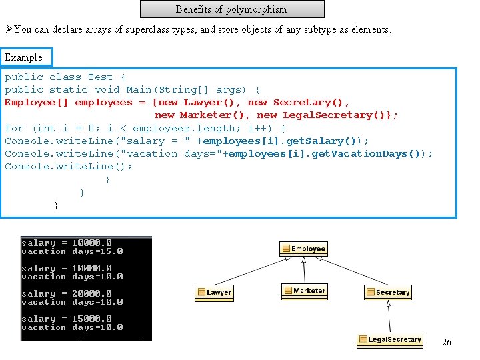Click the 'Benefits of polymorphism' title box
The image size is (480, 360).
click(x=231, y=9)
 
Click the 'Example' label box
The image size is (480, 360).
click(x=24, y=57)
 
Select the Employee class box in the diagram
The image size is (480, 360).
click(x=303, y=249)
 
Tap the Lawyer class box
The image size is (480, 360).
click(x=215, y=292)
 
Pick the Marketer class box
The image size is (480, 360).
click(x=304, y=291)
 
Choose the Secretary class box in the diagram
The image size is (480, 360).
click(x=388, y=292)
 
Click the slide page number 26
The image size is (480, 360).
click(x=447, y=342)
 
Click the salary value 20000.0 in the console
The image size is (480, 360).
click(x=92, y=293)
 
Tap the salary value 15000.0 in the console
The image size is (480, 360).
click(x=92, y=319)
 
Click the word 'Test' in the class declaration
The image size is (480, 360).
click(x=100, y=77)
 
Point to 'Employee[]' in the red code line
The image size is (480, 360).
click(x=37, y=102)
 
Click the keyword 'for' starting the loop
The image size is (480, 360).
click(x=14, y=128)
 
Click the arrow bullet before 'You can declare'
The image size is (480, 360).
click(x=9, y=29)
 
